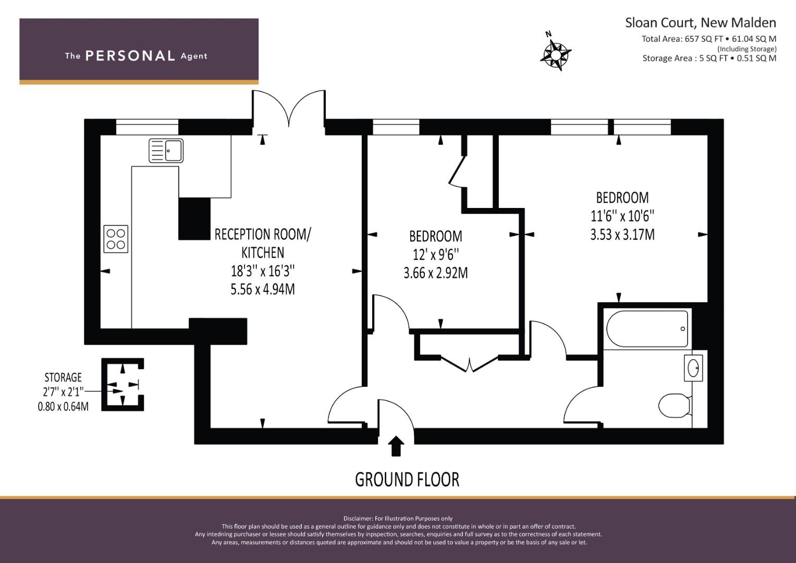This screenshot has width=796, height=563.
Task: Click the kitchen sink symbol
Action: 166,150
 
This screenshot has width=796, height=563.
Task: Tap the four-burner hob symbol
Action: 116,239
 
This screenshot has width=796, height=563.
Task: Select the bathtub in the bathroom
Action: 647,329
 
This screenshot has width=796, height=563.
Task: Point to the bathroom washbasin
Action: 693,368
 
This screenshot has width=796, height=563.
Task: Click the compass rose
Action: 555,53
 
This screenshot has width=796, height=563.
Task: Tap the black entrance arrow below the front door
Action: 396,446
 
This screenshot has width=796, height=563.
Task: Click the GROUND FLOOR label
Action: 407,480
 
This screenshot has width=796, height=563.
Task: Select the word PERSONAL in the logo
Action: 130,56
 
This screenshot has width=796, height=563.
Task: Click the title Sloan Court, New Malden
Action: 701,23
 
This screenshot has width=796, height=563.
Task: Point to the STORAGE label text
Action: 63,377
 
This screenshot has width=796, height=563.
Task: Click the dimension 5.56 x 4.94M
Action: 263,289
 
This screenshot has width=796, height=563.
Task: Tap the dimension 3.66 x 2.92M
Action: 436,273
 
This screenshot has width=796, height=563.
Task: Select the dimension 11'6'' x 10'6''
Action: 622,216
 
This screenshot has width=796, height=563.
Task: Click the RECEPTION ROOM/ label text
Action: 263,235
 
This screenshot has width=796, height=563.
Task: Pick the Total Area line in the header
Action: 709,39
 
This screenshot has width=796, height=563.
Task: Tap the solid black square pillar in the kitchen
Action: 194,218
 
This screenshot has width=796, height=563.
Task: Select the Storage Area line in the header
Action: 709,58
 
